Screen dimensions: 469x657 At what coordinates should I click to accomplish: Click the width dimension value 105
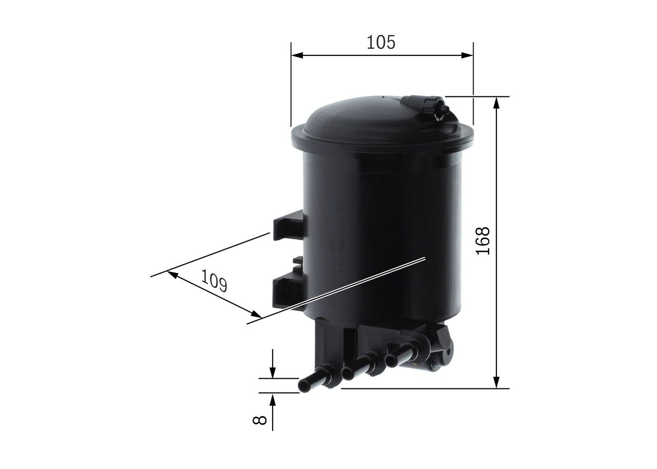point(381,42)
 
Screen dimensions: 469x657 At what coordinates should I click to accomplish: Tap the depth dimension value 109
point(214,281)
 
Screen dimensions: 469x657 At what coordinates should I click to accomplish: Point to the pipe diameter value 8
point(260,420)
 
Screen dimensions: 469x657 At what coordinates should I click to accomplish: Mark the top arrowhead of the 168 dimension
point(496,103)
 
